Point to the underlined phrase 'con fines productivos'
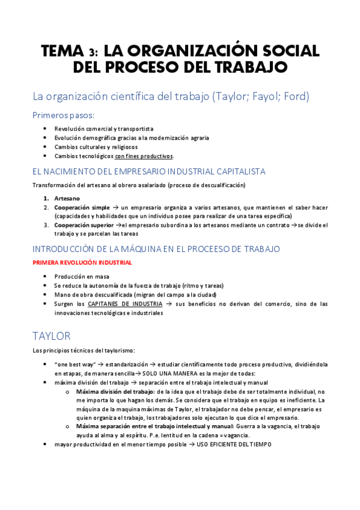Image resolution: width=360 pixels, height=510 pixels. [144, 156]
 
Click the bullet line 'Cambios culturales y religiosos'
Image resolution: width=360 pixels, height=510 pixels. [96, 147]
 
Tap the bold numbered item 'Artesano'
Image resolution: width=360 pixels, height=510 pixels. [66, 198]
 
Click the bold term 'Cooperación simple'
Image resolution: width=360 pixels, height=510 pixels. [82, 207]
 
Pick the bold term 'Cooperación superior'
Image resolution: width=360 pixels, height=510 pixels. [85, 226]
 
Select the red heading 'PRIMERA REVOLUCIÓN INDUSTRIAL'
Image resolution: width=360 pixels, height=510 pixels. [82, 263]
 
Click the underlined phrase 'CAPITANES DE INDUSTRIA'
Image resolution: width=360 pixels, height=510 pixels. [125, 304]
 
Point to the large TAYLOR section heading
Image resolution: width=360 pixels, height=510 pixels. [52, 335]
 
